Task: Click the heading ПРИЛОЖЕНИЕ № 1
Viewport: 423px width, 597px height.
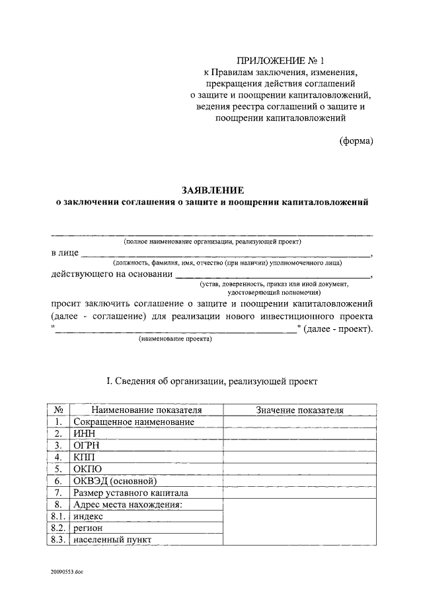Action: [281, 61]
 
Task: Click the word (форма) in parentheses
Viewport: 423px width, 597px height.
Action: [356, 141]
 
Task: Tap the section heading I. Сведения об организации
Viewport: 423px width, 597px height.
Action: [211, 381]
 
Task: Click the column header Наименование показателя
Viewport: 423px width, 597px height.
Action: [147, 410]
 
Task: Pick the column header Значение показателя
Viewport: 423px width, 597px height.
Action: [299, 410]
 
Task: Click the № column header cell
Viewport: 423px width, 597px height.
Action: [59, 410]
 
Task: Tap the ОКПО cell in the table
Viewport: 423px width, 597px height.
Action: [87, 469]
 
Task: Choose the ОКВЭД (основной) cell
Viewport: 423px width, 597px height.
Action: [114, 481]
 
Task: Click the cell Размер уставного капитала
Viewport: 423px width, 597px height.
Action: [131, 493]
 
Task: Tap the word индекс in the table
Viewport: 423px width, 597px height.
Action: [89, 517]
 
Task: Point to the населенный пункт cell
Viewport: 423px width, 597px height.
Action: [112, 540]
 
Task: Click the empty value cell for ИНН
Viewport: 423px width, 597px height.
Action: [299, 433]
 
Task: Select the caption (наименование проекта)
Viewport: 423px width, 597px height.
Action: [175, 339]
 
